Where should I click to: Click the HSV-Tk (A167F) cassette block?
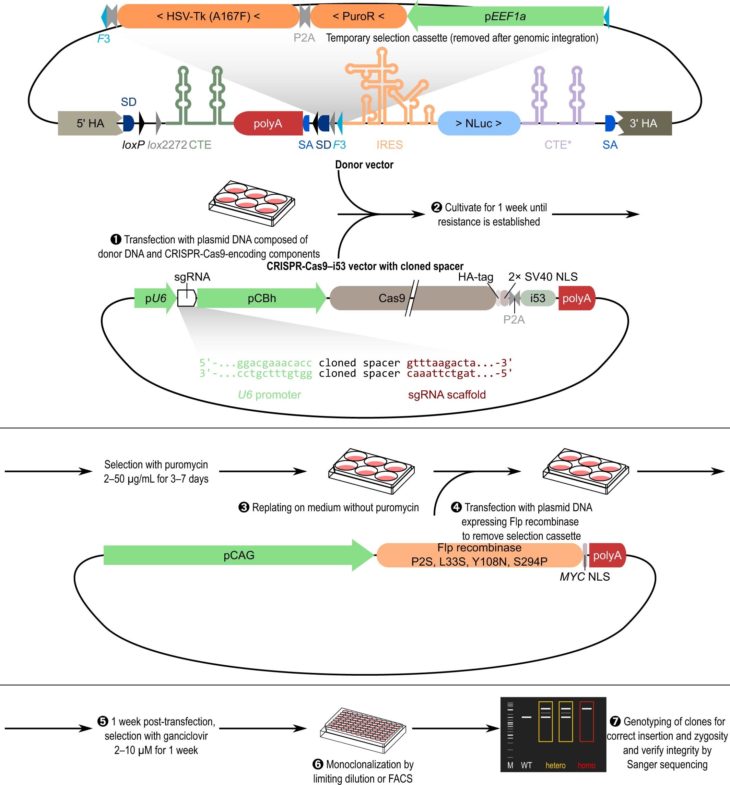coord(208,16)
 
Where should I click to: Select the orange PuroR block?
coord(358,16)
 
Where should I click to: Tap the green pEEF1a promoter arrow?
coord(506,16)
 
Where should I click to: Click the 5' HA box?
coord(90,123)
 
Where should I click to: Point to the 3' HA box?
coord(644,123)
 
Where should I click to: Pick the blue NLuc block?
coord(479,123)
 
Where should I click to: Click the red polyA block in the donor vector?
coord(268,123)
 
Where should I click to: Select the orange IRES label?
coord(389,145)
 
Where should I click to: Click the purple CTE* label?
coord(558,145)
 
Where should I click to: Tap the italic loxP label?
coord(133,145)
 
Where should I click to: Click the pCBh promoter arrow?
coord(262,298)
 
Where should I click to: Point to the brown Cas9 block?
coord(411,298)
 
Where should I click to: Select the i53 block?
coord(538,298)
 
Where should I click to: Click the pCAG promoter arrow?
coord(239,555)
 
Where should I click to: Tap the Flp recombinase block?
coord(479,555)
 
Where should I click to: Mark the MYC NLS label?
coord(585,577)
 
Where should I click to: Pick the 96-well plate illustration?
coord(363,730)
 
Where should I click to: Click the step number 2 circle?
coord(436,207)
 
